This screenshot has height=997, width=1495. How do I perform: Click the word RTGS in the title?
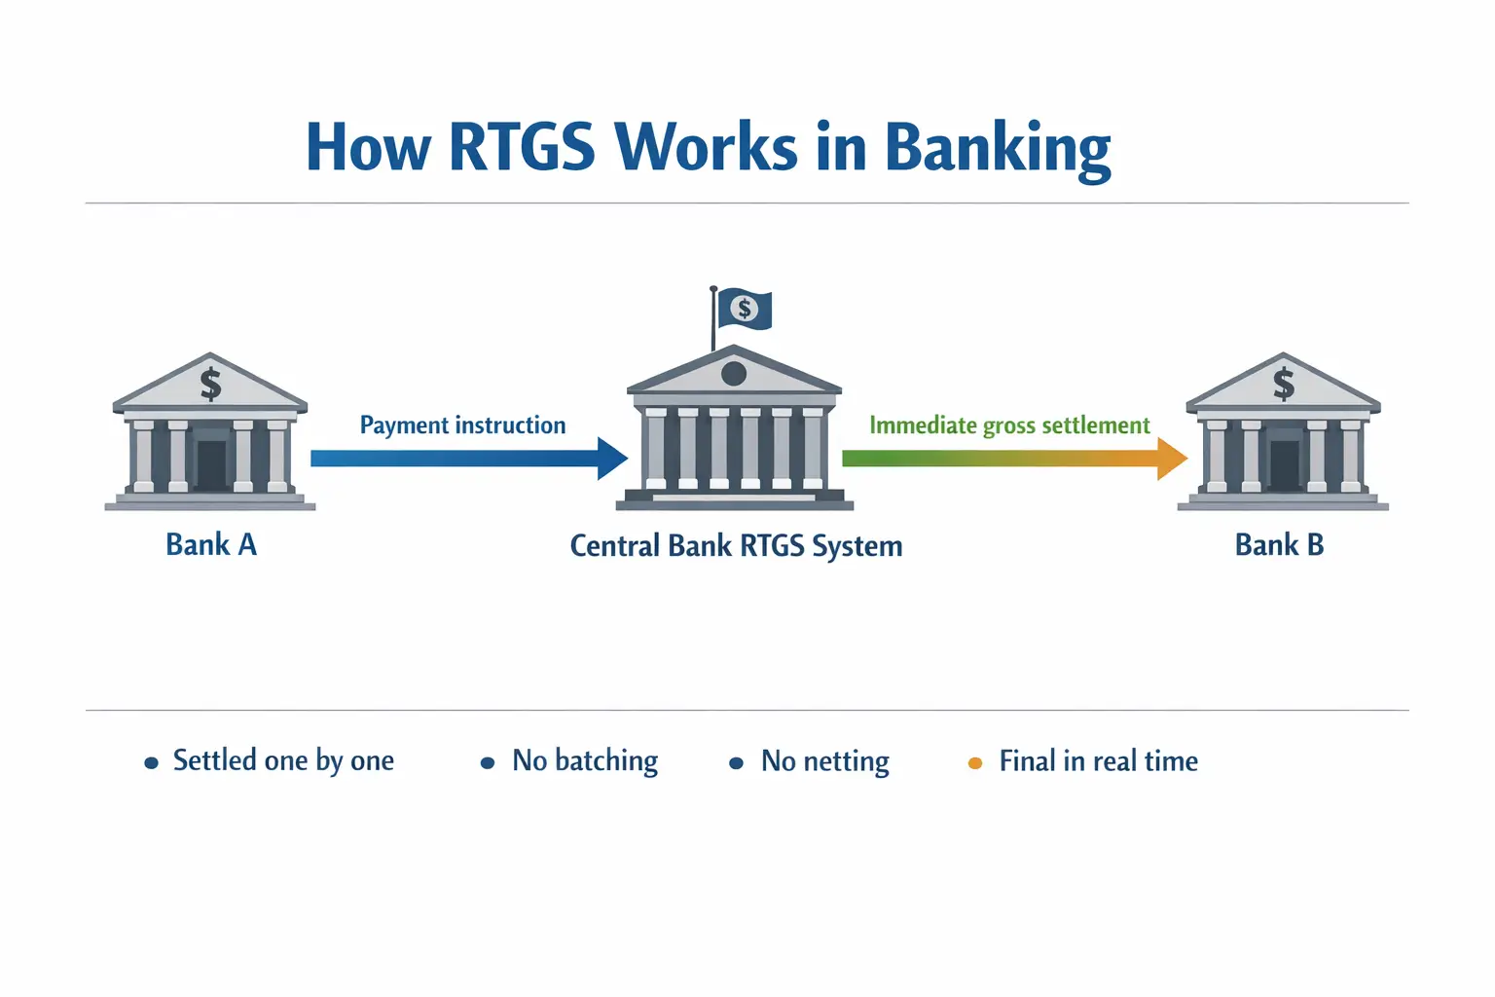(x=521, y=148)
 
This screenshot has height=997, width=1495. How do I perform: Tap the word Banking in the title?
(x=997, y=148)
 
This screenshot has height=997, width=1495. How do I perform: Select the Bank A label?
(x=211, y=544)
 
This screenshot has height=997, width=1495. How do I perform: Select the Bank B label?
(x=1279, y=544)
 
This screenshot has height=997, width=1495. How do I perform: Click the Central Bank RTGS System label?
(x=736, y=545)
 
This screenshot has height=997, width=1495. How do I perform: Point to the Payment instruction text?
(x=462, y=425)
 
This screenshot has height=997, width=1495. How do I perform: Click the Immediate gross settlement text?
(x=1009, y=425)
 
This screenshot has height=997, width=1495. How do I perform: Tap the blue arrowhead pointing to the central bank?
(x=612, y=459)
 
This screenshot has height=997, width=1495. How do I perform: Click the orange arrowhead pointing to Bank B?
(x=1171, y=459)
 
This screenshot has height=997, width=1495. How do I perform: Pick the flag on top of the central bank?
(x=745, y=310)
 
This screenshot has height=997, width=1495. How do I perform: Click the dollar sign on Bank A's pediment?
(x=210, y=384)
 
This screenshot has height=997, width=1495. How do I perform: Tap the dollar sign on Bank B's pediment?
(x=1284, y=384)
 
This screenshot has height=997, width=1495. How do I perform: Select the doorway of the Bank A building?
(x=211, y=465)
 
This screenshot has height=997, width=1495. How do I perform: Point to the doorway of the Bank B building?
(x=1284, y=465)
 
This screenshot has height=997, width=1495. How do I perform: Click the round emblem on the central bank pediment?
(x=734, y=373)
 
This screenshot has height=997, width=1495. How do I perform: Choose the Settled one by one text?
(x=283, y=760)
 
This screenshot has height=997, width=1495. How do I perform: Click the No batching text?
(x=585, y=760)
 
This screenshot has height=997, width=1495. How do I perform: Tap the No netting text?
(x=824, y=760)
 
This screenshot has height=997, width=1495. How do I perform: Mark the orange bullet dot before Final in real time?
(x=974, y=763)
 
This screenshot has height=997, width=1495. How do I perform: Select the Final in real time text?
(x=1098, y=760)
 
